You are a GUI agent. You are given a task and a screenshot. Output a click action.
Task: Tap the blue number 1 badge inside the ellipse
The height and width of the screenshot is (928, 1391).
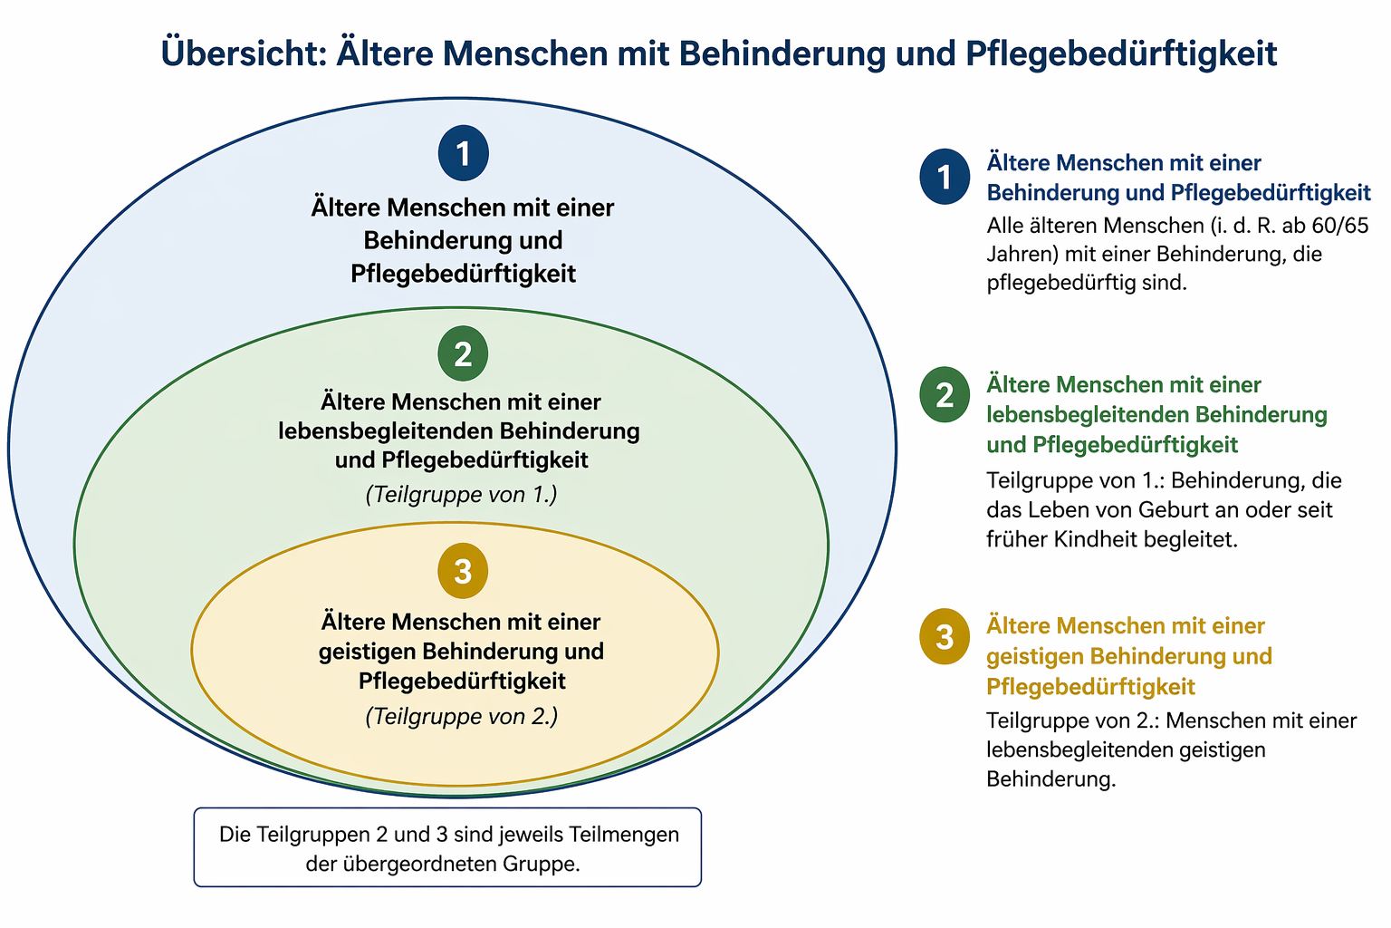pos(464,153)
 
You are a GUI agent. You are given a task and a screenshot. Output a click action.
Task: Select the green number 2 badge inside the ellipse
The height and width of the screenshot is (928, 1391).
pos(463,353)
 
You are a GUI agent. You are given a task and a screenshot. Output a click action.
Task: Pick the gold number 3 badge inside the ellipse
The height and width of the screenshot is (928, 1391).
pos(463,572)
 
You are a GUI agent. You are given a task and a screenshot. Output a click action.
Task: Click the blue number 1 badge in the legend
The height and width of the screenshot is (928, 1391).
pos(945,176)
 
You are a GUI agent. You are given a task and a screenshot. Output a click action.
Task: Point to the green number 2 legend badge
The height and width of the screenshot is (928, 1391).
pos(945,395)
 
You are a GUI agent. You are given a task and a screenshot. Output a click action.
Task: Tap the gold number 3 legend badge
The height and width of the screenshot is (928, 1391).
pos(945,636)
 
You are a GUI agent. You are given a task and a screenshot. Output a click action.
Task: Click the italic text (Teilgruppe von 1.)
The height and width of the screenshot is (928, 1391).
pos(461,495)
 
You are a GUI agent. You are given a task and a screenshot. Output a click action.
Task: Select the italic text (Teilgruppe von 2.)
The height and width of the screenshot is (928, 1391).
pos(461,716)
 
